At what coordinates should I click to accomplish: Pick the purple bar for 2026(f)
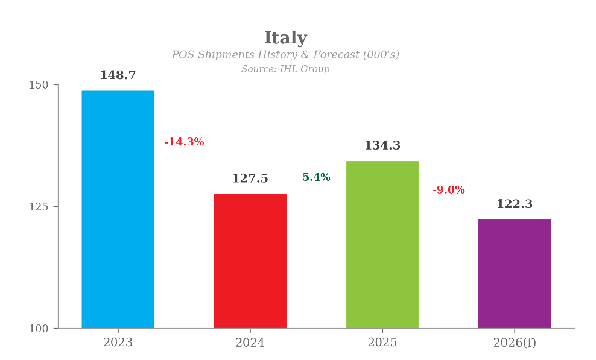point(514,274)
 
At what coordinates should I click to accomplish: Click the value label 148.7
point(118,75)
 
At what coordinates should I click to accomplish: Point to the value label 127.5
point(250,179)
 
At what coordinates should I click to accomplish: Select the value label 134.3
point(382,146)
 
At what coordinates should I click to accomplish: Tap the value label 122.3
point(514,204)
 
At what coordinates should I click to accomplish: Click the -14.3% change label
point(184,142)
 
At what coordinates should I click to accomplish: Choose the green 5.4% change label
point(316,177)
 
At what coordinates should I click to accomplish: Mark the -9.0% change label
point(448,190)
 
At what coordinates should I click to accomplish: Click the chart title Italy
point(285,38)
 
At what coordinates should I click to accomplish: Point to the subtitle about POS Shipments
point(285,55)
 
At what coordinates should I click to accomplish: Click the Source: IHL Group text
point(285,69)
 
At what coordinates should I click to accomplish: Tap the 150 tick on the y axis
point(39,85)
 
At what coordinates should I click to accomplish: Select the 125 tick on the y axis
point(39,207)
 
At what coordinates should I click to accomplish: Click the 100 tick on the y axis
point(39,329)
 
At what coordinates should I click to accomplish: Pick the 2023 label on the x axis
point(118,343)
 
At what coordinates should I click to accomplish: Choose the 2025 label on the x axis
point(382,343)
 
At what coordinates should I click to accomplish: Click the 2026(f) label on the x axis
point(514,343)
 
